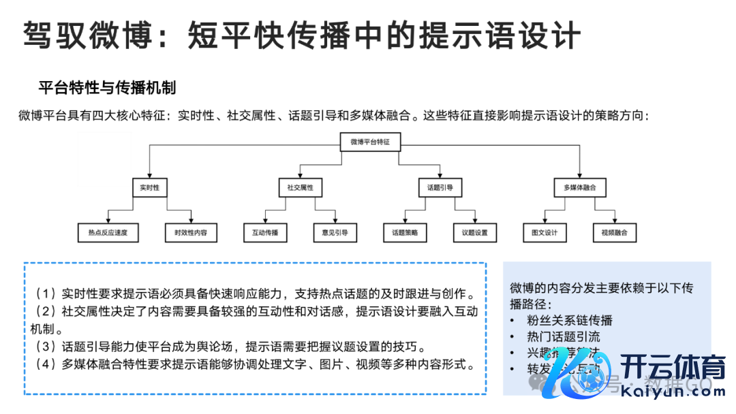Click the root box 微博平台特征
tap(371, 142)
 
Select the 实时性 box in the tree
tap(149, 187)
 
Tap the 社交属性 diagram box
tap(300, 187)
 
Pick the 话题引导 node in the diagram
tap(440, 187)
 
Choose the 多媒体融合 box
tap(579, 187)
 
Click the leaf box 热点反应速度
tap(108, 233)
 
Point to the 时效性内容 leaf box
tap(191, 233)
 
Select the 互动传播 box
tap(265, 233)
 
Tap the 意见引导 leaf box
tap(335, 233)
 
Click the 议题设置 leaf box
tap(475, 233)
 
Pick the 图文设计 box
tap(545, 233)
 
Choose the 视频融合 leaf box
tap(614, 233)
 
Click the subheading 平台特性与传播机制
tap(107, 88)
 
